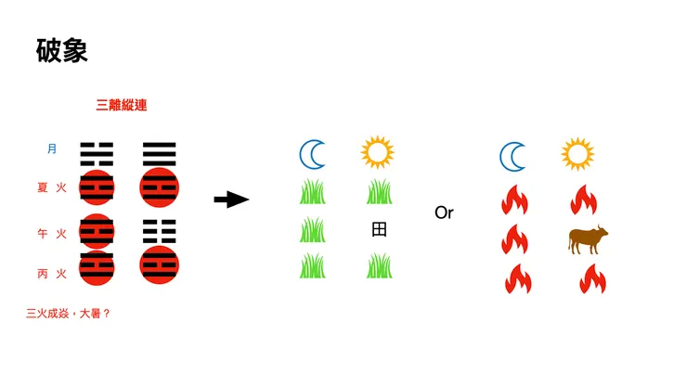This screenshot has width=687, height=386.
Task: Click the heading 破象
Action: [x=62, y=50]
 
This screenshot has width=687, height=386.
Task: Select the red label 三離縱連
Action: [x=122, y=105]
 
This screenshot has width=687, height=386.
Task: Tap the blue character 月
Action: [x=52, y=148]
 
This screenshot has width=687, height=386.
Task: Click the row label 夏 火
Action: [x=52, y=187]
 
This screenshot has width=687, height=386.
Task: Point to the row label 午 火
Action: [x=52, y=233]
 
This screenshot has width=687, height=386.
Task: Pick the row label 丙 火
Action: [x=52, y=274]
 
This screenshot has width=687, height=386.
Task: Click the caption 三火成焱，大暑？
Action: [x=68, y=314]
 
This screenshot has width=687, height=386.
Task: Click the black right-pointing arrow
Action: [x=231, y=199]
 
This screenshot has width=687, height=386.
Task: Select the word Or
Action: [x=444, y=212]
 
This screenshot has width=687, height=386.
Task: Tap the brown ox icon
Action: [x=588, y=239]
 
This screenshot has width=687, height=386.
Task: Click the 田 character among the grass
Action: [x=379, y=229]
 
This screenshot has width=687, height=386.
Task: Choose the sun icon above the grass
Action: [x=377, y=152]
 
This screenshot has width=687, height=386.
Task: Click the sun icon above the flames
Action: [x=577, y=154]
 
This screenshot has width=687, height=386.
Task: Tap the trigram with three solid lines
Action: [x=159, y=154]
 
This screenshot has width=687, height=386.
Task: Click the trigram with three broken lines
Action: [x=159, y=231]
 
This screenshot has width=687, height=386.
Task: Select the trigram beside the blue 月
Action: [x=97, y=154]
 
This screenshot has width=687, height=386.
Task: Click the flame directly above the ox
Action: [x=584, y=199]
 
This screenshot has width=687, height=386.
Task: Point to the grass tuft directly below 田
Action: [x=380, y=265]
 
